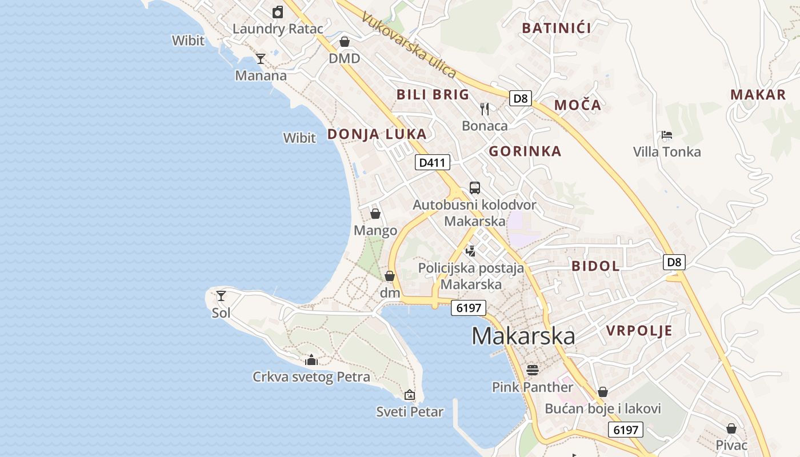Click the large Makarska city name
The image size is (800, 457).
(x=523, y=336)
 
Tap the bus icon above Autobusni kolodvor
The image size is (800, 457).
(x=474, y=187)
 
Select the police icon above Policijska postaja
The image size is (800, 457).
(x=471, y=250)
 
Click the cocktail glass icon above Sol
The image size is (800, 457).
(x=221, y=296)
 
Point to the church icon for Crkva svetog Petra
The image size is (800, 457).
(x=311, y=360)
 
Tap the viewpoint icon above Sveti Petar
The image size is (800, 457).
(x=410, y=394)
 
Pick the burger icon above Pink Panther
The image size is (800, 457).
(x=533, y=370)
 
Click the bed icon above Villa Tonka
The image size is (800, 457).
(x=666, y=135)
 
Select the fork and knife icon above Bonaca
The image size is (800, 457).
(x=485, y=109)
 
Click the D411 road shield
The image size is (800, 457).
(x=432, y=163)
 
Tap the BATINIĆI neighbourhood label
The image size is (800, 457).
(x=557, y=27)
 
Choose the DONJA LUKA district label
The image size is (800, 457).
(x=377, y=134)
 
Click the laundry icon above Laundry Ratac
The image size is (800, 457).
(x=278, y=11)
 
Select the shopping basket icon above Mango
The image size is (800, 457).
(x=375, y=214)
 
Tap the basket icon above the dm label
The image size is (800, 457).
(x=390, y=276)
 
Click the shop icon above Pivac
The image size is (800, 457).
(x=731, y=428)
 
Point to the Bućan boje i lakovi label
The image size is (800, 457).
(x=603, y=408)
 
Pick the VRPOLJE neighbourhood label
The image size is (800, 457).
(x=639, y=331)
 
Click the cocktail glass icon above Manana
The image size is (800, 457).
(x=261, y=58)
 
